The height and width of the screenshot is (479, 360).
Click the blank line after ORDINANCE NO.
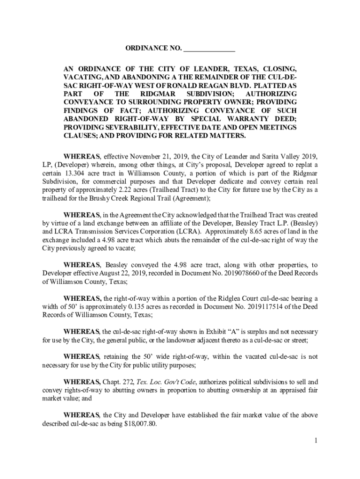[209, 49]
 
